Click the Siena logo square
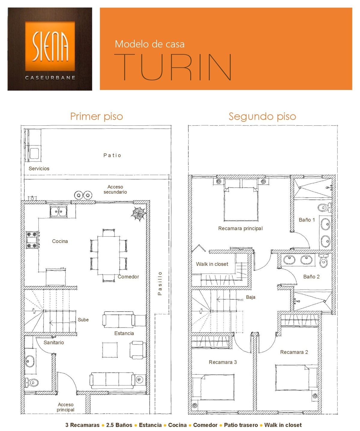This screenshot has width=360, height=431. (50, 46)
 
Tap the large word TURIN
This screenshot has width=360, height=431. (173, 67)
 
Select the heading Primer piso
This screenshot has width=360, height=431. (97, 117)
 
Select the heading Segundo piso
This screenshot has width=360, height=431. (262, 117)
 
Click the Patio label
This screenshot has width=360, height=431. (112, 155)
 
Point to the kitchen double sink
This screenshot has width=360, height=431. (58, 211)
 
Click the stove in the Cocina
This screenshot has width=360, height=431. (32, 240)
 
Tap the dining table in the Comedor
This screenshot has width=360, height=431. (108, 255)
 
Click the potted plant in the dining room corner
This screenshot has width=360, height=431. (139, 214)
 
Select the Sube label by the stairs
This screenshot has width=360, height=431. (83, 320)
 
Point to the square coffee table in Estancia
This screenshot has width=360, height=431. (110, 350)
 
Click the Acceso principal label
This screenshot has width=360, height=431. (65, 407)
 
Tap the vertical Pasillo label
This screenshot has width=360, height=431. (160, 283)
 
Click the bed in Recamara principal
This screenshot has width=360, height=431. (241, 204)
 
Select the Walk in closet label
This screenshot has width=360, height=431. (212, 264)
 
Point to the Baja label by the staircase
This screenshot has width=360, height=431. (250, 297)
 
